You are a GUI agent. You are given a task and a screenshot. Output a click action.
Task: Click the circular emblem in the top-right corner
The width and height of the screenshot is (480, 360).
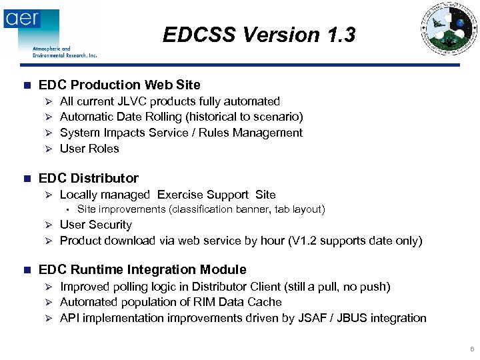click(448, 29)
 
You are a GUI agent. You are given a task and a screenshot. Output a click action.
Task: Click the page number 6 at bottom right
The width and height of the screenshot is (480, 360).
click(472, 349)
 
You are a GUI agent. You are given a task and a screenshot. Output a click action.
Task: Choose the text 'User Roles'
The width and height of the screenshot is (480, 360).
click(89, 149)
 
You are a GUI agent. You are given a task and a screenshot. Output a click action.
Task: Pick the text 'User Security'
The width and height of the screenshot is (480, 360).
click(96, 225)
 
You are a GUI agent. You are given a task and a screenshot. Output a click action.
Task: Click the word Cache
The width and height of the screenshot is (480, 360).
click(265, 302)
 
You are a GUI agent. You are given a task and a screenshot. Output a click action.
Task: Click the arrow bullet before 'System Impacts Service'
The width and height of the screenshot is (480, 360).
click(47, 133)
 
